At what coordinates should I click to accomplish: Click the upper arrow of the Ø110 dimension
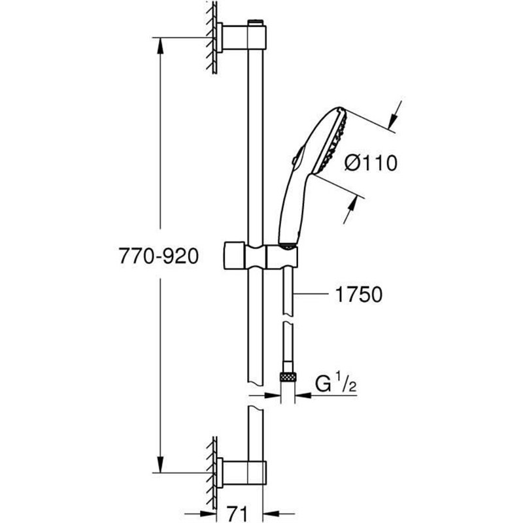392,118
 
